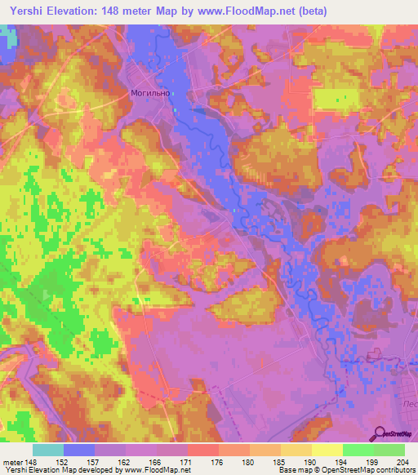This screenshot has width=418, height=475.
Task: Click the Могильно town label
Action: point(150,93)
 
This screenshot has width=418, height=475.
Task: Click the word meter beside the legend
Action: point(12,461)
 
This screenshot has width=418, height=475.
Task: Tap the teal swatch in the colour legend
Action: point(48,450)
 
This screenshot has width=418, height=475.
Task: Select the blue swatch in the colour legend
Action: point(79,450)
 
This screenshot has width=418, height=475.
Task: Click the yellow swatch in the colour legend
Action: point(327,450)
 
